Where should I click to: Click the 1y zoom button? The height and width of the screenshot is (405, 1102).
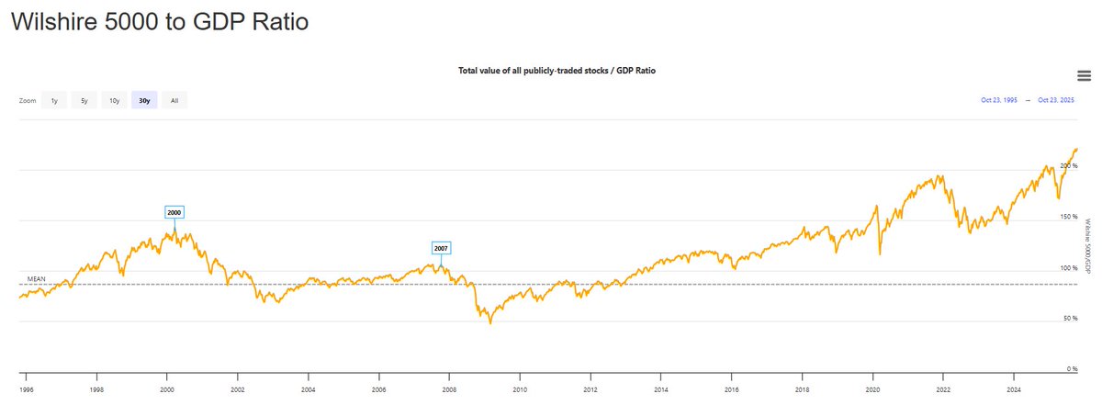(54, 100)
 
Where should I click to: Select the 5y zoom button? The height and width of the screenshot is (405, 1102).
(84, 100)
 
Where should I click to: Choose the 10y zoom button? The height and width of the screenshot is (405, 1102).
(114, 100)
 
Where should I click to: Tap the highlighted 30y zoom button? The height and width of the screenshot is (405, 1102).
(144, 100)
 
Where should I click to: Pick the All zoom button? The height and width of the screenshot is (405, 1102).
(174, 100)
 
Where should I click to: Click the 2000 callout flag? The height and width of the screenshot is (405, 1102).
(174, 212)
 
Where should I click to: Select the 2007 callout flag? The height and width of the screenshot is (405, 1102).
(441, 248)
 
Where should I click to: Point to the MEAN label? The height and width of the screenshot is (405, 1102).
(37, 278)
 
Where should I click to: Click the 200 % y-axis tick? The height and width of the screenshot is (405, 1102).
(1068, 165)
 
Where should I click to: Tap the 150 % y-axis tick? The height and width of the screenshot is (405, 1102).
(1068, 217)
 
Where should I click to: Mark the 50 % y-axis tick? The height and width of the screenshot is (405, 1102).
(1070, 318)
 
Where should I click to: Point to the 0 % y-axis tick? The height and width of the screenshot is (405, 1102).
(1072, 369)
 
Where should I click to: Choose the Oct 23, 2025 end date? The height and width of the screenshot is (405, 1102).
(1056, 100)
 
